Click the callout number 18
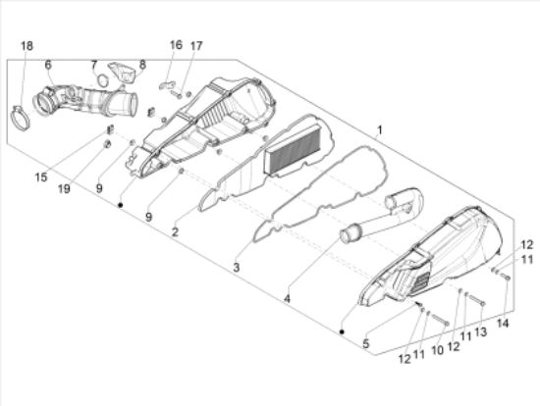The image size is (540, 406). click(x=27, y=46)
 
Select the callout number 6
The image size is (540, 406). click(x=48, y=65)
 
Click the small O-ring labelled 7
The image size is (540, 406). click(x=103, y=79)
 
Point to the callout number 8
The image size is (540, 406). click(x=142, y=65)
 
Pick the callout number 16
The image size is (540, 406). click(x=176, y=45)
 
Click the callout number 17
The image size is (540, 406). click(x=196, y=46)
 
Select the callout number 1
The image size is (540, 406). click(x=380, y=130)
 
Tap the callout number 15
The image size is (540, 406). click(x=41, y=178)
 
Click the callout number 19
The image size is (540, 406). click(x=64, y=188)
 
